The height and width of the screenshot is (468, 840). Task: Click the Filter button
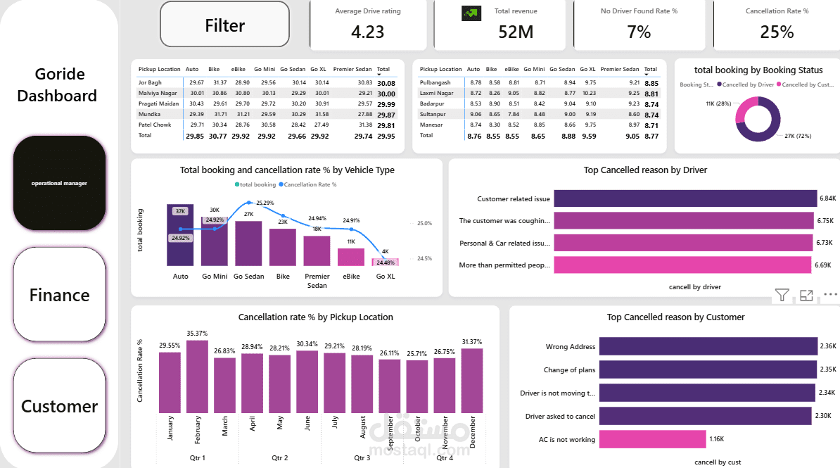pyautogui.click(x=224, y=26)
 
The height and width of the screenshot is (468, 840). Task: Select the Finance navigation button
pyautogui.click(x=59, y=295)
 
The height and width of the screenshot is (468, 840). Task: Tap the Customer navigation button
pyautogui.click(x=59, y=406)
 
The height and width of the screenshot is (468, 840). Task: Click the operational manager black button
pyautogui.click(x=59, y=183)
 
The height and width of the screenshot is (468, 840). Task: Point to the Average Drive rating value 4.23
pyautogui.click(x=368, y=32)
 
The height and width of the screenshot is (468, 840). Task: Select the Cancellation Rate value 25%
pyautogui.click(x=777, y=32)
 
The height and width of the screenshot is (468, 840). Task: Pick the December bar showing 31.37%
pyautogui.click(x=472, y=380)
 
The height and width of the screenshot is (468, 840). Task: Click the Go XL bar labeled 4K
pyautogui.click(x=385, y=262)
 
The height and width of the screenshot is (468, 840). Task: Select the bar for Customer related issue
pyautogui.click(x=685, y=199)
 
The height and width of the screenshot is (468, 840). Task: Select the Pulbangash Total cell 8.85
pyautogui.click(x=651, y=83)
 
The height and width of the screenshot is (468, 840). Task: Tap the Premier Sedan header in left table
pyautogui.click(x=352, y=70)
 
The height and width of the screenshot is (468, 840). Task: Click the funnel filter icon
pyautogui.click(x=782, y=296)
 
